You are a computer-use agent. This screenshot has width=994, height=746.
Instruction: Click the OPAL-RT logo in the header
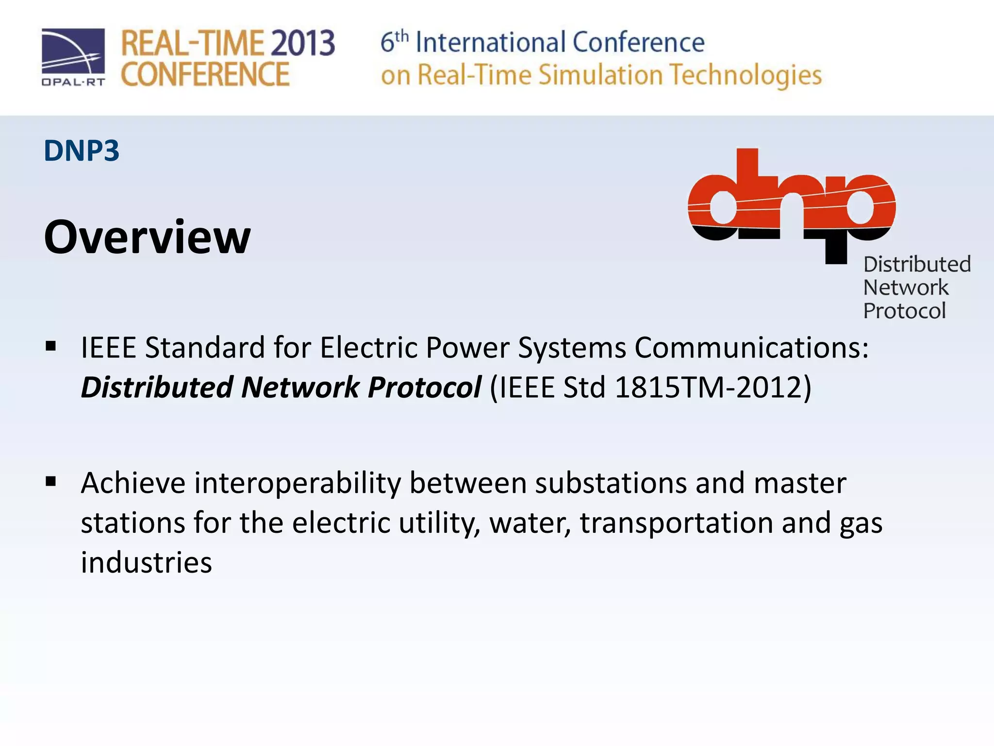pyautogui.click(x=73, y=57)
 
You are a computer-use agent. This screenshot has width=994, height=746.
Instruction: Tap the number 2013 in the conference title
pyautogui.click(x=302, y=43)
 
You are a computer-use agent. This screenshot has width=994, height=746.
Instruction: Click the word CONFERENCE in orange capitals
pyautogui.click(x=205, y=75)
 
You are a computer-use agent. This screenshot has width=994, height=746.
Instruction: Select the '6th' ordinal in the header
pyautogui.click(x=394, y=42)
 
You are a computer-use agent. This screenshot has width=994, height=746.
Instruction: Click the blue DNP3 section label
pyautogui.click(x=82, y=151)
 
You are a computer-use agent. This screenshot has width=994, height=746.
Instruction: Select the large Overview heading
pyautogui.click(x=148, y=237)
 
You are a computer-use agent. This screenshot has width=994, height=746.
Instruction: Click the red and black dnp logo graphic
pyautogui.click(x=791, y=204)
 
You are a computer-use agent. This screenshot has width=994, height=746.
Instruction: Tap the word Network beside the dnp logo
pyautogui.click(x=906, y=288)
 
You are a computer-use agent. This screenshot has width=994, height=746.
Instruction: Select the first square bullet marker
pyautogui.click(x=50, y=347)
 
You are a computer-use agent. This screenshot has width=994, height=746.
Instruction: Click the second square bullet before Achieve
pyautogui.click(x=50, y=482)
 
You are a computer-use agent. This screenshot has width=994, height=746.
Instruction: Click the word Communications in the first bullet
pyautogui.click(x=751, y=348)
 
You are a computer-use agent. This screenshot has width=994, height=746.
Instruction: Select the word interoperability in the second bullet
pyautogui.click(x=298, y=484)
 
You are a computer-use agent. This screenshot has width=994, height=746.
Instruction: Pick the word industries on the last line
pyautogui.click(x=146, y=563)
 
